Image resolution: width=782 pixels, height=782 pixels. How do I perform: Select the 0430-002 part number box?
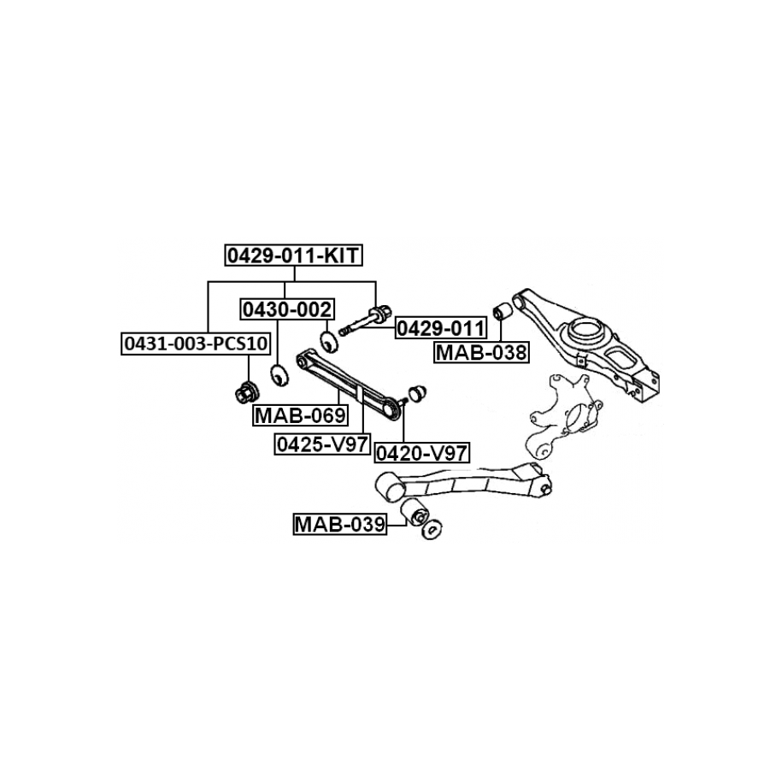pyautogui.click(x=286, y=309)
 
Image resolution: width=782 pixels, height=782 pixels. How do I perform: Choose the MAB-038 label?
pyautogui.click(x=481, y=351)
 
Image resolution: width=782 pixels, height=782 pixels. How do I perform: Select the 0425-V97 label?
pyautogui.click(x=321, y=444)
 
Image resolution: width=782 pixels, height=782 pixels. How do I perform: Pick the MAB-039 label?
pyautogui.click(x=338, y=523)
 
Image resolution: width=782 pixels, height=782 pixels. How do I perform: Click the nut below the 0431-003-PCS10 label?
pyautogui.click(x=246, y=395)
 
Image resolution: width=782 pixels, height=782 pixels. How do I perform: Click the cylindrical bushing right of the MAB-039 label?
pyautogui.click(x=415, y=514)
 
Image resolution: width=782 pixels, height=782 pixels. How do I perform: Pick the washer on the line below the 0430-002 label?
pyautogui.click(x=276, y=374)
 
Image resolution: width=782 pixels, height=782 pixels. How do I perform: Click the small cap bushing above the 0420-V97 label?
pyautogui.click(x=417, y=392)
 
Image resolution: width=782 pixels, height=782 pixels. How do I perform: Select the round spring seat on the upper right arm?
pyautogui.click(x=588, y=329)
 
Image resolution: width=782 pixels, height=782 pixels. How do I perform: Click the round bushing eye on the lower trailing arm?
pyautogui.click(x=390, y=485)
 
